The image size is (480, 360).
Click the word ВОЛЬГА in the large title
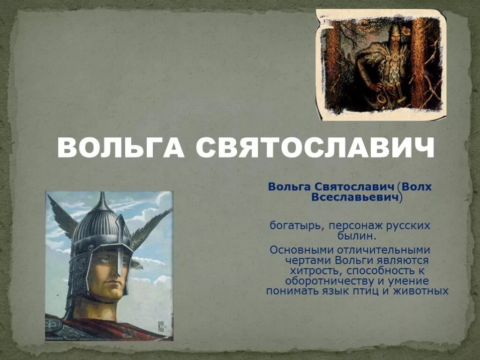pyautogui.click(x=121, y=149)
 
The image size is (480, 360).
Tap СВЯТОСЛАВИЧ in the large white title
pyautogui.click(x=315, y=149)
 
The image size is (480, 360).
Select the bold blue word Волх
pyautogui.click(x=416, y=187)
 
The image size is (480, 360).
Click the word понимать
pyautogui.click(x=290, y=291)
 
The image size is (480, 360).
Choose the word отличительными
pyautogui.click(x=380, y=250)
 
